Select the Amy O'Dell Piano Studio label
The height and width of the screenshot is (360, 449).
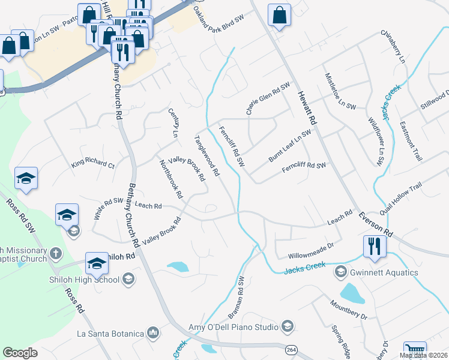(x=235, y=327)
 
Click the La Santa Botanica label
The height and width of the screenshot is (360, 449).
(x=110, y=333)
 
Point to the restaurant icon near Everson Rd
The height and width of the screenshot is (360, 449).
(x=374, y=246)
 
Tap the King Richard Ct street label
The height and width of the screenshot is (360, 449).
(x=92, y=164)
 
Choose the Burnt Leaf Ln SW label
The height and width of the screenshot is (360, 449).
(x=289, y=143)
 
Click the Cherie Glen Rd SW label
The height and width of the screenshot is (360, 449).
(x=267, y=98)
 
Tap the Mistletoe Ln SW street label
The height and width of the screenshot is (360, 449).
(x=340, y=91)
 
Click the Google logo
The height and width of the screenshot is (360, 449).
(x=20, y=353)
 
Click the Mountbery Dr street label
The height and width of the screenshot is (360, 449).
(x=348, y=311)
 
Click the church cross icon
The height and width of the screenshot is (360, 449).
(x=55, y=253)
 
